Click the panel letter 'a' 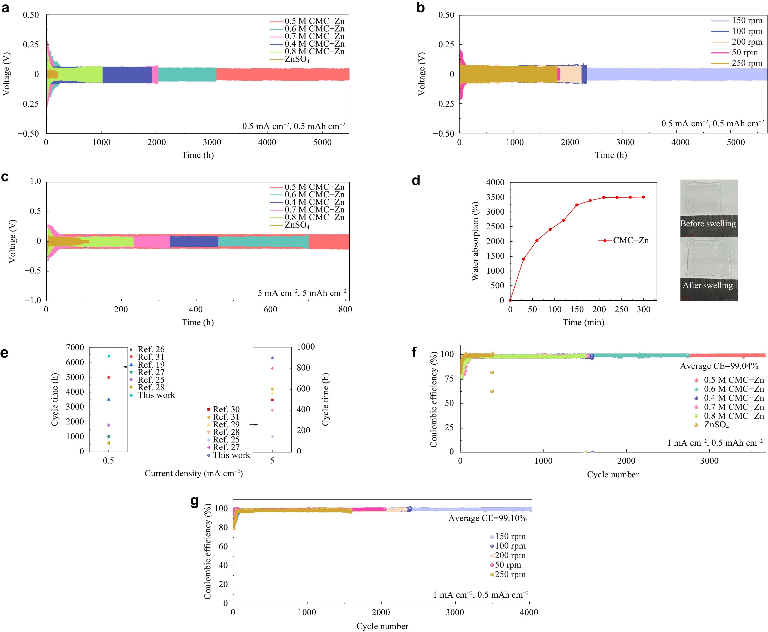pos(5,7)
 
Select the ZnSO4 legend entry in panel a pos(296,59)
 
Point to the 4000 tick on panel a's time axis pos(267,142)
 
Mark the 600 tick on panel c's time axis pos(270,310)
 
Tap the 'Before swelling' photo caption pos(708,223)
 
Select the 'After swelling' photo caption pos(708,285)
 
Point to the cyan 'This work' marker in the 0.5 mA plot pos(109,356)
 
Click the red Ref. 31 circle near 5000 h pos(109,378)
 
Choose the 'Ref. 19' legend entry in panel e pos(151,365)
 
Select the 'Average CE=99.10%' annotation pos(488,518)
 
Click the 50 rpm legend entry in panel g pos(508,565)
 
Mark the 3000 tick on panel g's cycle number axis pos(455,612)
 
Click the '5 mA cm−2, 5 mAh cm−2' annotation pos(302,293)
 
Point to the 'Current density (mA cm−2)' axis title pos(194,473)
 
